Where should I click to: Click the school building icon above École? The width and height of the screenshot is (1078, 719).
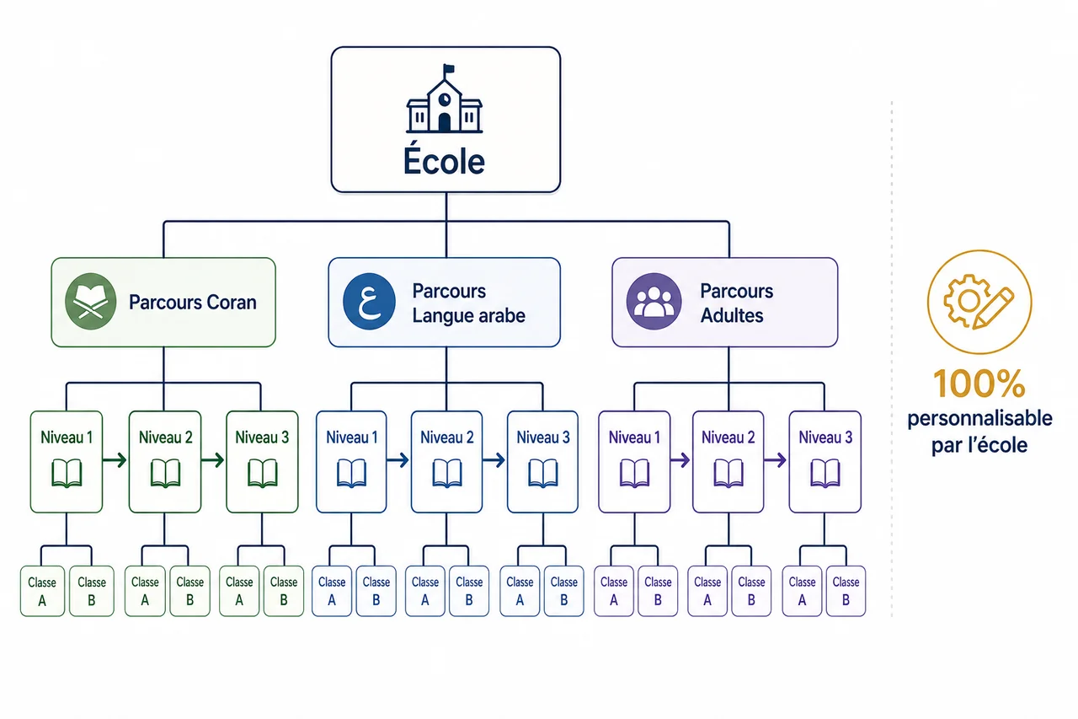(444, 99)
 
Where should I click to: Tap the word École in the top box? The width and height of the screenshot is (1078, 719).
(444, 160)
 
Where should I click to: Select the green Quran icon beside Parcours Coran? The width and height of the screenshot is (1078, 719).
(90, 302)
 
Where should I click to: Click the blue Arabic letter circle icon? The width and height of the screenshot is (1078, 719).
(369, 302)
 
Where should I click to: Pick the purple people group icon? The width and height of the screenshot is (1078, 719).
(654, 302)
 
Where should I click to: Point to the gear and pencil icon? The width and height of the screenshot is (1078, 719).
(979, 302)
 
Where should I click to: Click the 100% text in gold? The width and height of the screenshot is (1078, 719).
(979, 384)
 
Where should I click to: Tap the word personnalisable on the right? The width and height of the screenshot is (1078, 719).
(979, 418)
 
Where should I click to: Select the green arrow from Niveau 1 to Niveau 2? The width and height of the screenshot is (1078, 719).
(115, 460)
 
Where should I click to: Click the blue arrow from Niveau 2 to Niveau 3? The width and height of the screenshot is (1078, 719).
(494, 460)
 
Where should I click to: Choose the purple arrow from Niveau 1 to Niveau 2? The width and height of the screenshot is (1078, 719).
(680, 460)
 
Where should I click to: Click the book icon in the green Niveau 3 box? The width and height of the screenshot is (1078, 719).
(262, 474)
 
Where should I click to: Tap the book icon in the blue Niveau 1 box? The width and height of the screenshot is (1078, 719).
(351, 474)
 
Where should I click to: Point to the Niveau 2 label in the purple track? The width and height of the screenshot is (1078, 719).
(728, 437)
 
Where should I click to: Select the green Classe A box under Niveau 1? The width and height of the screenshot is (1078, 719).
(42, 591)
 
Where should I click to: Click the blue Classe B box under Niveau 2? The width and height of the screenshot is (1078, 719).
(469, 591)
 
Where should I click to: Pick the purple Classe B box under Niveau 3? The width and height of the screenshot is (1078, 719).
(846, 591)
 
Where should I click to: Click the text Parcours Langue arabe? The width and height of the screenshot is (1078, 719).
(468, 303)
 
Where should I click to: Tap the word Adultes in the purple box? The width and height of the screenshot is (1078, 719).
(732, 315)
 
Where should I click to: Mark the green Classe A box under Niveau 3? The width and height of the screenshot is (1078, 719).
(239, 591)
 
